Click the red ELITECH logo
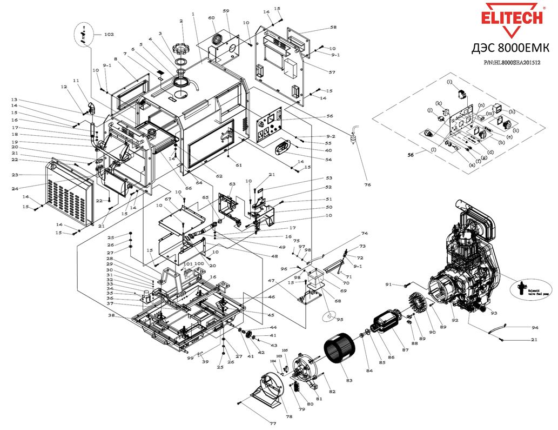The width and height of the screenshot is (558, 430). [x=512, y=17]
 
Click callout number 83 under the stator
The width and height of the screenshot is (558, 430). [x=349, y=381]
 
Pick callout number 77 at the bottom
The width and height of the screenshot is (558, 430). [x=273, y=424]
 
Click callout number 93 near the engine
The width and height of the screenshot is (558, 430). [x=494, y=312]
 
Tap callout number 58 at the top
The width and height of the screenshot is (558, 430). [x=333, y=27]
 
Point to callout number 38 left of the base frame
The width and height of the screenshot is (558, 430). [x=111, y=315]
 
